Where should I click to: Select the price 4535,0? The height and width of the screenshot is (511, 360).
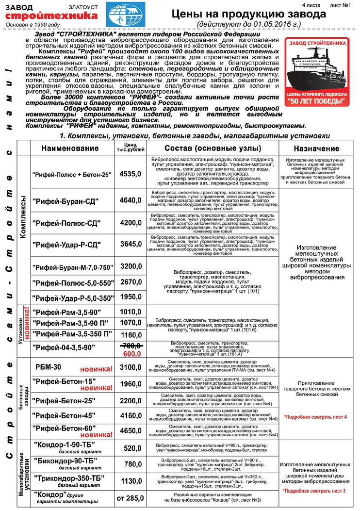pos(130,173)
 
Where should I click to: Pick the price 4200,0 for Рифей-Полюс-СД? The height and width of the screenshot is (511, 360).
pos(130,223)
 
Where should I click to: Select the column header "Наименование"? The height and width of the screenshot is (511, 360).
pos(70,148)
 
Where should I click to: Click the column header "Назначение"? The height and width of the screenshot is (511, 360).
pos(316,148)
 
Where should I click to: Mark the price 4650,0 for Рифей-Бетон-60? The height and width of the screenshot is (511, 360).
pos(130,430)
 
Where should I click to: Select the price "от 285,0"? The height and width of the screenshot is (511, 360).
pos(130,498)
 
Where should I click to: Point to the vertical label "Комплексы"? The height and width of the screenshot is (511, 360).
pos(22,215)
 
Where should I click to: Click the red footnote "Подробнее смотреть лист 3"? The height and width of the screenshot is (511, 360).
pos(317,491)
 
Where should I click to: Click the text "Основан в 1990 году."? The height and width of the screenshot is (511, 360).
pos(33,24)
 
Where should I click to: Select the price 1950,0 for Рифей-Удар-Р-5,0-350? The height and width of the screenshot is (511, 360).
pos(130,297)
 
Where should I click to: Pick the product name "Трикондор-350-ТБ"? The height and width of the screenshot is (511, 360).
pos(69,478)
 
